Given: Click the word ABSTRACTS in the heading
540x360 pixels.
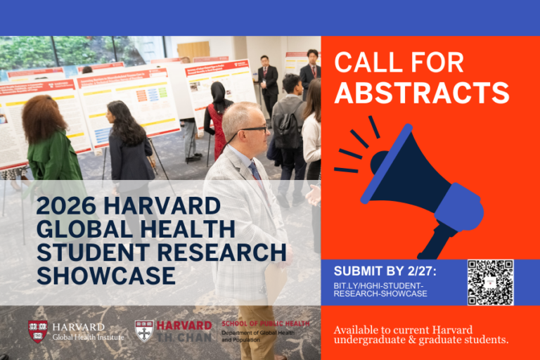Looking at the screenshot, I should [x=422, y=93].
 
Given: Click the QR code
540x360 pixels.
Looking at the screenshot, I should [x=490, y=283].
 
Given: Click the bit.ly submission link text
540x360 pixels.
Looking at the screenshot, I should [x=380, y=289].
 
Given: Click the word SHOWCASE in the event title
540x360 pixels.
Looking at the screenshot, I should [x=106, y=276].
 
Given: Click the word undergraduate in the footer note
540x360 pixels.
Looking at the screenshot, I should [x=371, y=341].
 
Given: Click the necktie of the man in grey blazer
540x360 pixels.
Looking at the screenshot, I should [x=256, y=173].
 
